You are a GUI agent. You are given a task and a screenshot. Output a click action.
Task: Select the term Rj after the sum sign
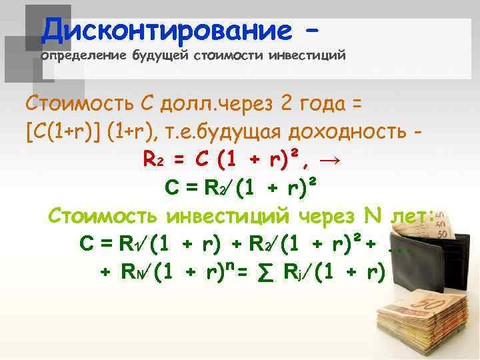[290, 272]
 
